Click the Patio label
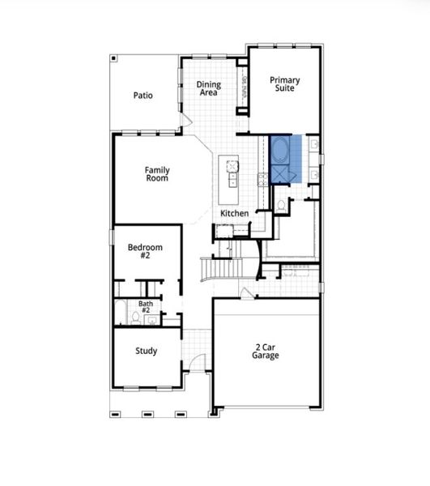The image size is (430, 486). pyautogui.click(x=143, y=96)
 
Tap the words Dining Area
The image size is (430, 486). pyautogui.click(x=209, y=88)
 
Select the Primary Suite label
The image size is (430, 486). pyautogui.click(x=284, y=84)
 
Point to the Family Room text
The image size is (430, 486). pyautogui.click(x=157, y=174)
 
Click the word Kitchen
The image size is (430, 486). pyautogui.click(x=235, y=213)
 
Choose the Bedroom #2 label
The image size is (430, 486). pyautogui.click(x=146, y=251)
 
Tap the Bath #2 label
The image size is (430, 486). pyautogui.click(x=146, y=307)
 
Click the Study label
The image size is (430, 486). pyautogui.click(x=146, y=352)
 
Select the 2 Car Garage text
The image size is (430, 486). pyautogui.click(x=265, y=352)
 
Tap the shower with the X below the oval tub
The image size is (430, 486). pyautogui.click(x=282, y=175)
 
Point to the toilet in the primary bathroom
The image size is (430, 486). pyautogui.click(x=280, y=206)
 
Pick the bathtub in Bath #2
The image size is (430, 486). pyautogui.click(x=120, y=312)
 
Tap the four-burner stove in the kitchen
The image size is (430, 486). pyautogui.click(x=262, y=178)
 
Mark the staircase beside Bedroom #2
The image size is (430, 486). pyautogui.click(x=221, y=268)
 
